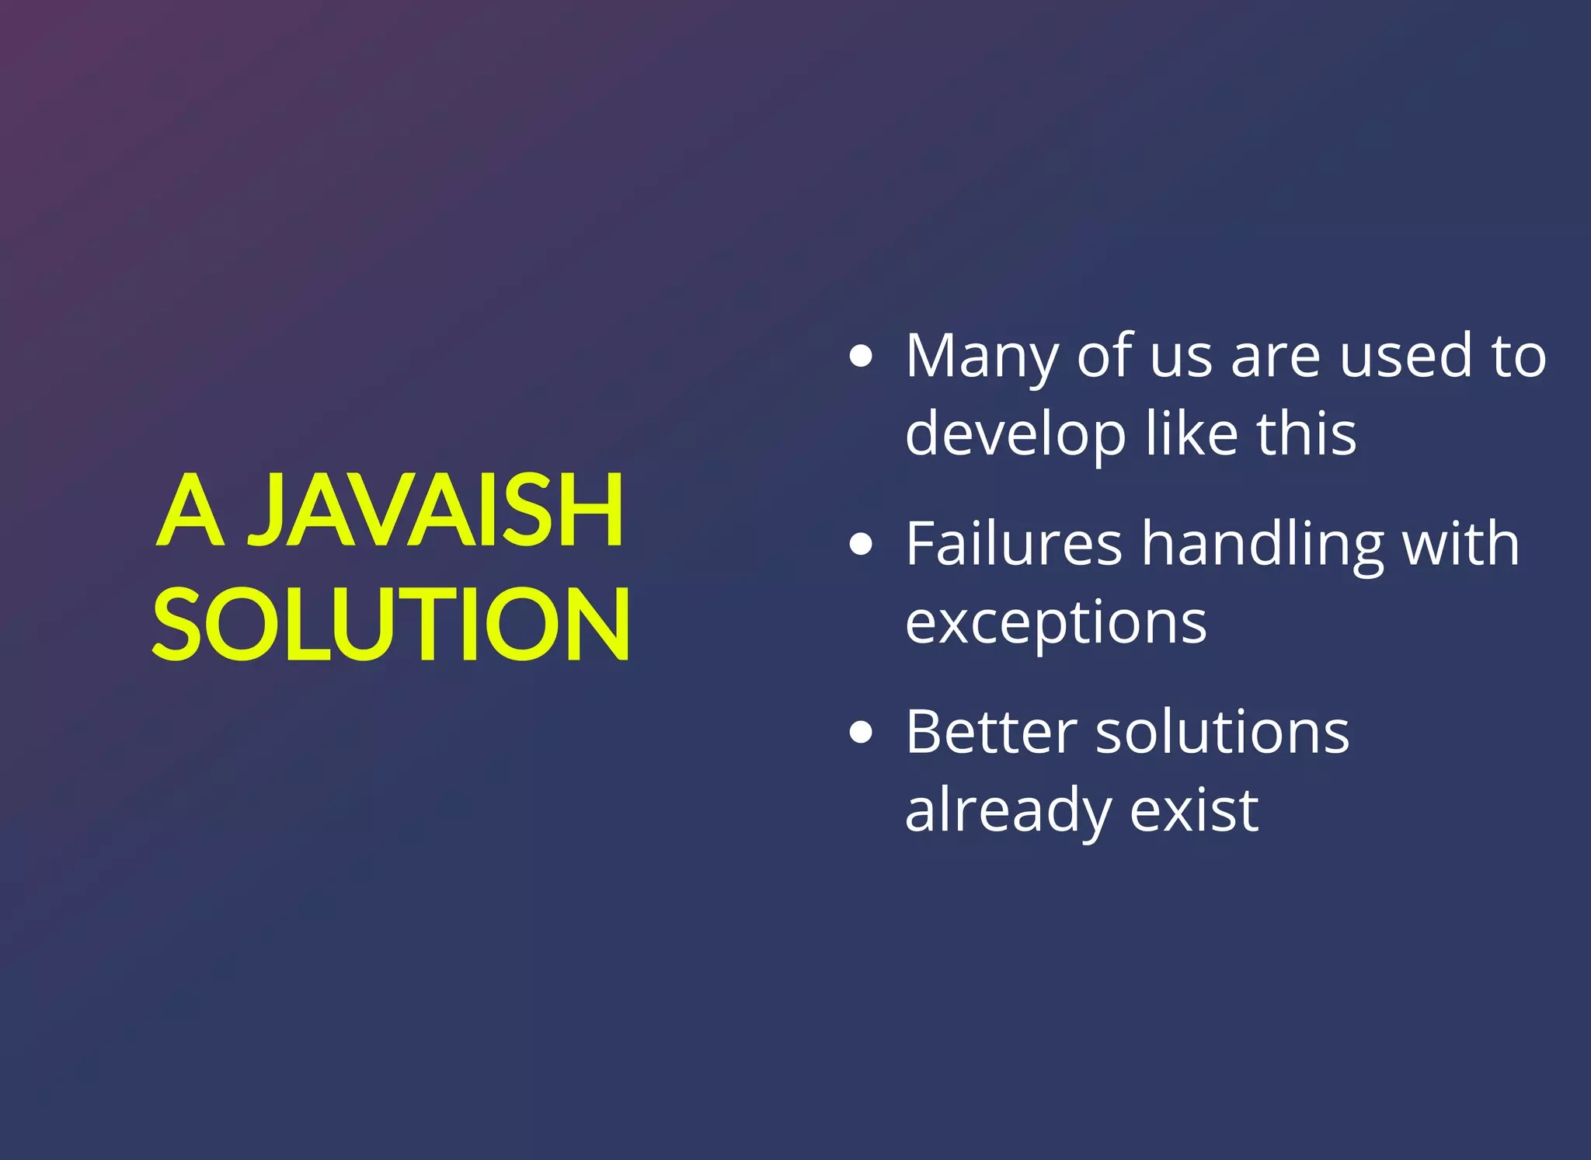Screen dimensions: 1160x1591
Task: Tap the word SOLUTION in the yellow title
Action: click(x=391, y=624)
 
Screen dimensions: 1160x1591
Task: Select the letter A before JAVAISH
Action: click(x=190, y=510)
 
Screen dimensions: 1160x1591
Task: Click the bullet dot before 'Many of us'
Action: click(x=861, y=357)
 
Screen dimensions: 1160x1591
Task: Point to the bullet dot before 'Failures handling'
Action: click(x=861, y=544)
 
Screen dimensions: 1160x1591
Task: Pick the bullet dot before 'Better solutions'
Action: click(x=861, y=732)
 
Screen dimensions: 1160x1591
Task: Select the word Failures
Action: click(x=1014, y=544)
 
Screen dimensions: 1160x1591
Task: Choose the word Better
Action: click(x=990, y=732)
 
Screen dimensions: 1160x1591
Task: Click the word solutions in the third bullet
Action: click(x=1222, y=732)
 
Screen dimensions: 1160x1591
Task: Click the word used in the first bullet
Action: click(x=1405, y=357)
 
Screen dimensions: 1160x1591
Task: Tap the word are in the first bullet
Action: click(x=1275, y=357)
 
